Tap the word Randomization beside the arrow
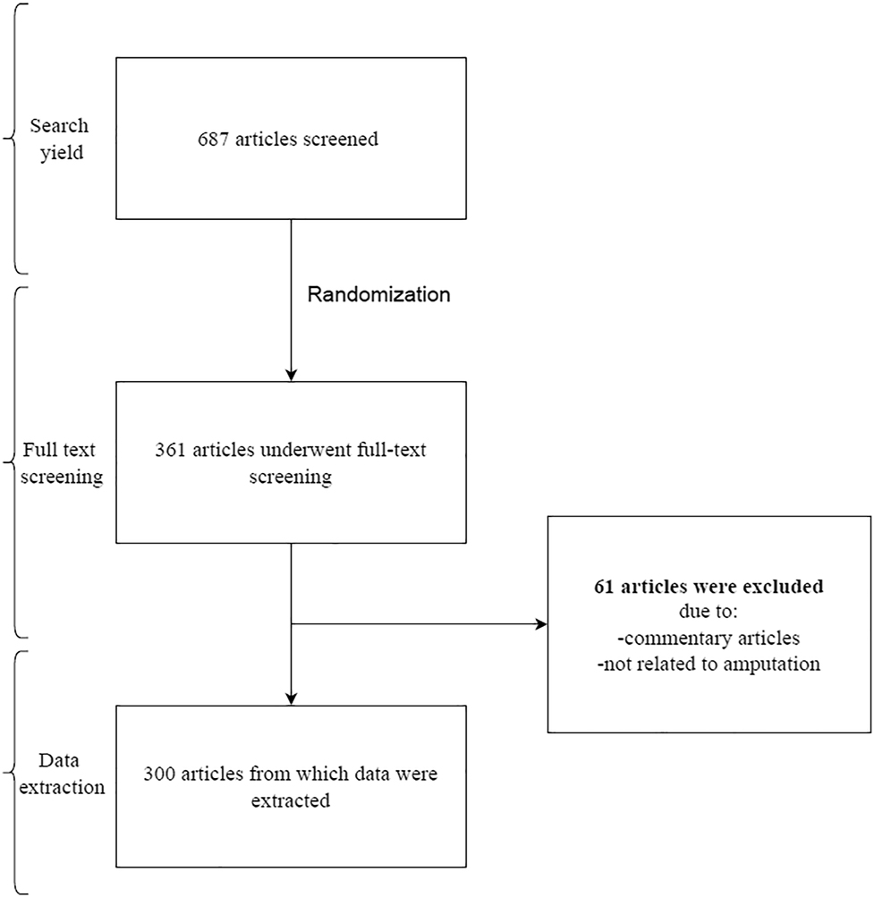point(378,295)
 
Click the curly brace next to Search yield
point(13,139)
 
